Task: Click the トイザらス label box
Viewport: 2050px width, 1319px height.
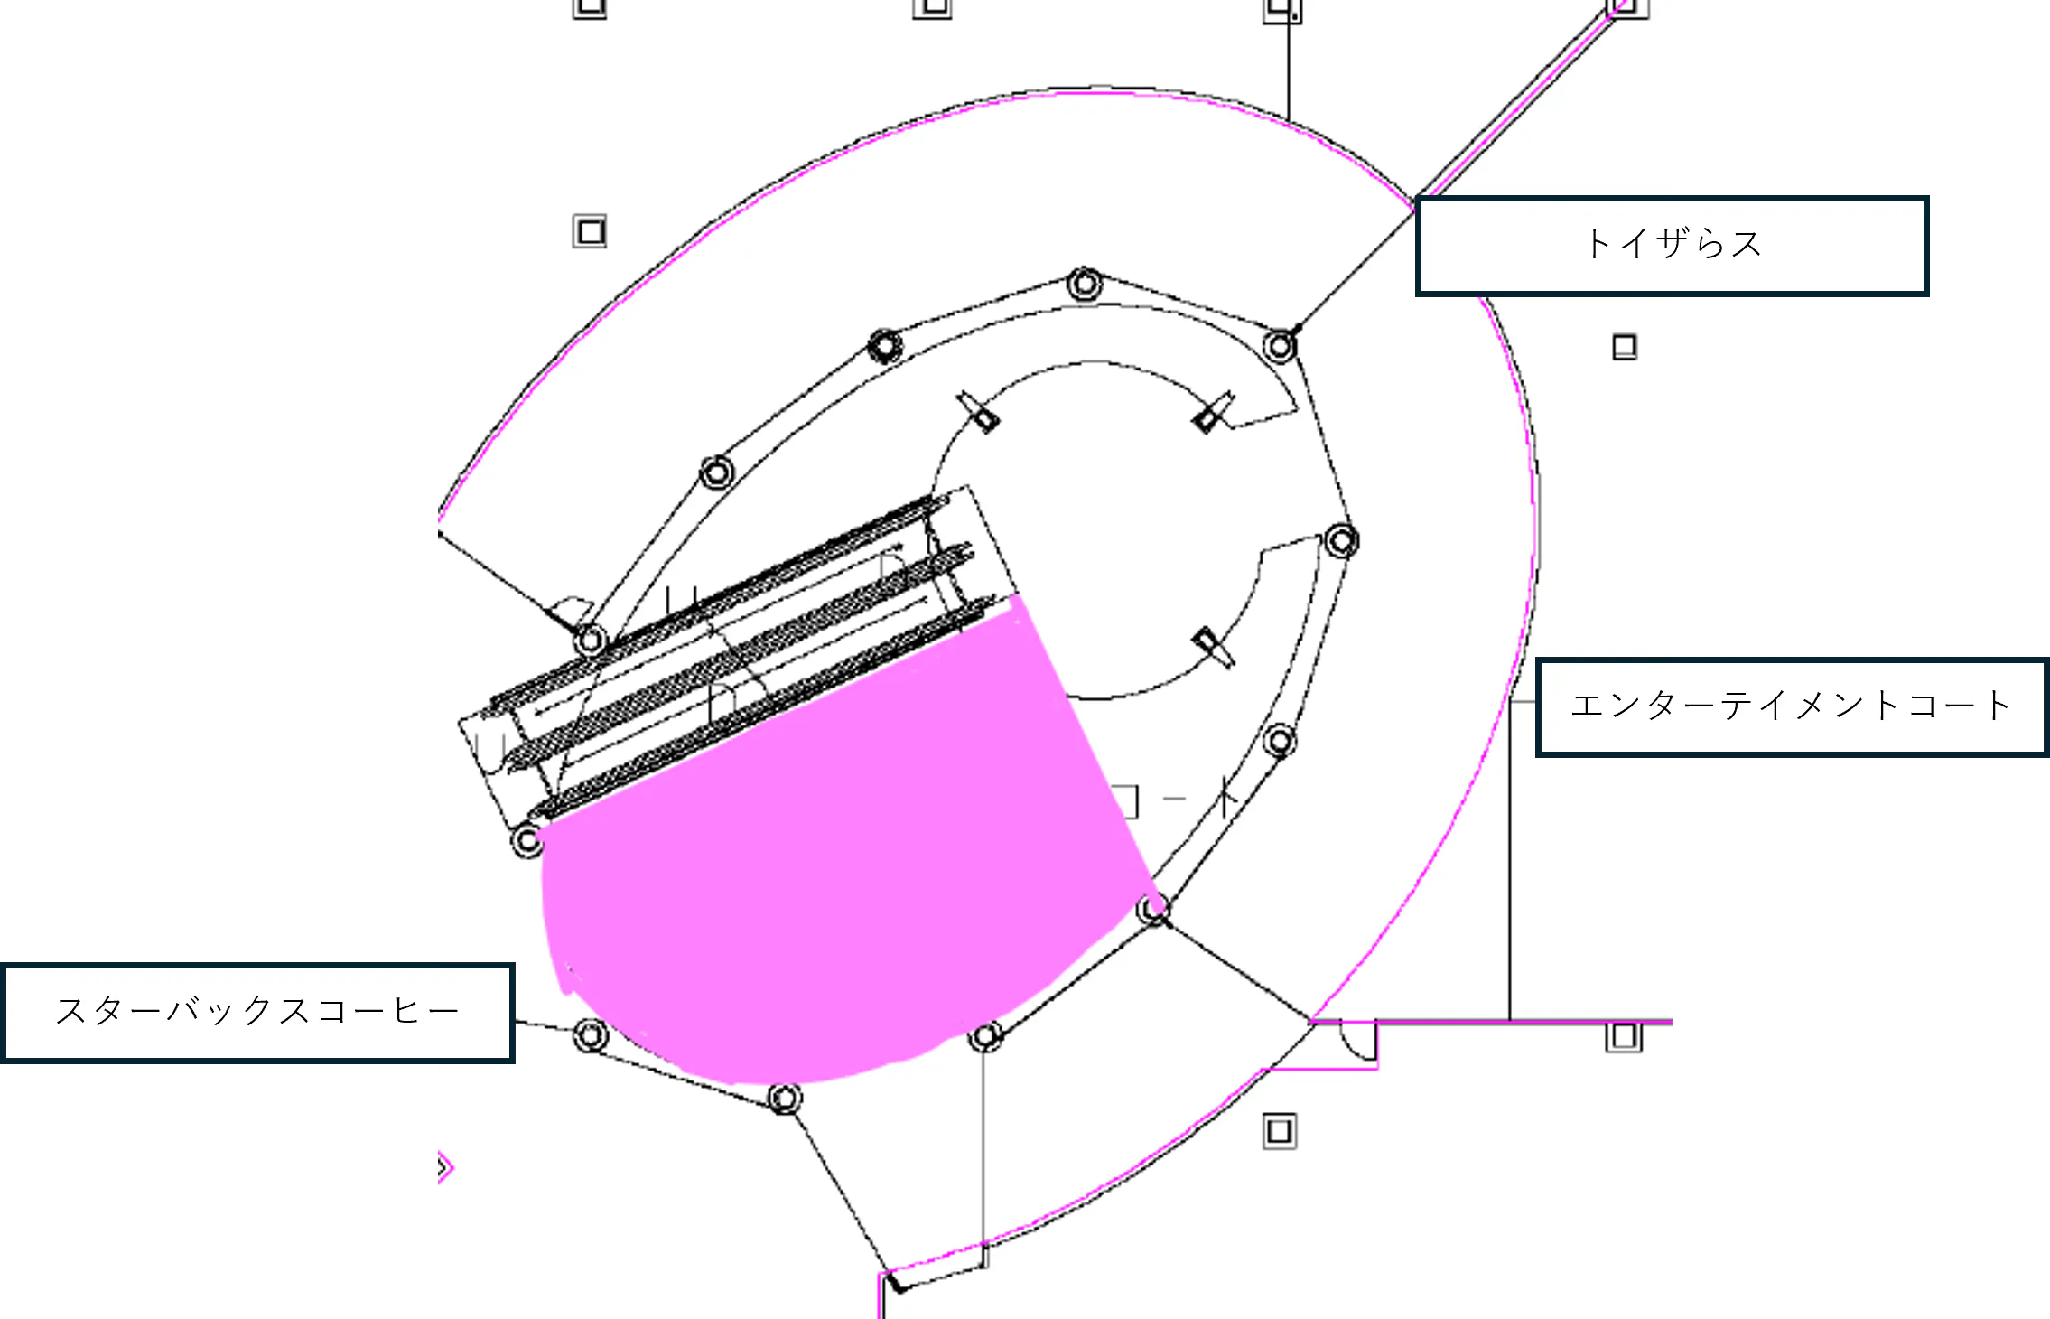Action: coord(1673,246)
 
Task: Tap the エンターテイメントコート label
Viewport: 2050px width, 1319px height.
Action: coord(1790,706)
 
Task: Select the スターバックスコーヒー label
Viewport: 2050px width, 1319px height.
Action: coord(258,1011)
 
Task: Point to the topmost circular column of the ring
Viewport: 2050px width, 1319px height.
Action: coord(1085,284)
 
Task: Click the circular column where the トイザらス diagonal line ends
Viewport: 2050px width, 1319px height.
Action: coord(1280,345)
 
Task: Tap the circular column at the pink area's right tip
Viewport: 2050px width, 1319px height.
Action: coord(1153,909)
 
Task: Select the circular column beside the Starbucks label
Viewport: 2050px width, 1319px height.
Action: coord(591,1034)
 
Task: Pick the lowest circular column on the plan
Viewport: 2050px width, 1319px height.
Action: coord(784,1099)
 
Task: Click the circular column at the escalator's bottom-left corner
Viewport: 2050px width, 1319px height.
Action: coord(526,841)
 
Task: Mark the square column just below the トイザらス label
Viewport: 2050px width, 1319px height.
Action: coord(1624,347)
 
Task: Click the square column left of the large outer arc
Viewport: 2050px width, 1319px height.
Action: coord(590,232)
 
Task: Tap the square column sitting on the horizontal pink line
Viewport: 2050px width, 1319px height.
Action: coord(1623,1035)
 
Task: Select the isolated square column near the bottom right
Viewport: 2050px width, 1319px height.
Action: coord(1279,1130)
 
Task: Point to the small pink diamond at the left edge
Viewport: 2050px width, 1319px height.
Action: coord(442,1166)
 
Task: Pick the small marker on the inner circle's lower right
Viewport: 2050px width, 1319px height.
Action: coord(1210,647)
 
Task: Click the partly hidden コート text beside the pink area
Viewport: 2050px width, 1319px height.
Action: coord(1174,800)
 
